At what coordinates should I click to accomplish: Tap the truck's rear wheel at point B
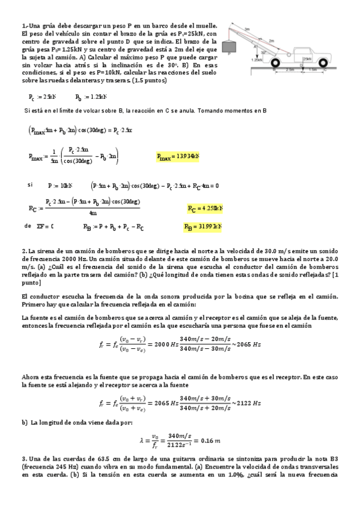tap(275, 63)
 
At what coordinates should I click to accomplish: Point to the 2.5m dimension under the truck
tap(290, 70)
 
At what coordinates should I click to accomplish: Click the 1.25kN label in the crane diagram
tap(257, 60)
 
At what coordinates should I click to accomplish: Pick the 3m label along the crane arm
tap(247, 28)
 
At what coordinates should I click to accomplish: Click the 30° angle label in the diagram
tap(263, 53)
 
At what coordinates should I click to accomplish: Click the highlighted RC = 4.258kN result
tap(205, 209)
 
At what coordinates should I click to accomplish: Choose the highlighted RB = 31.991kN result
tap(203, 227)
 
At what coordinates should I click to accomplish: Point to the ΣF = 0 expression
tap(43, 227)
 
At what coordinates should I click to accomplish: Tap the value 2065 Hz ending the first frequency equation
tap(247, 344)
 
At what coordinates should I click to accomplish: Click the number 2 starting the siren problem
tap(23, 250)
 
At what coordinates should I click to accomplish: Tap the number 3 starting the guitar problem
tap(23, 459)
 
